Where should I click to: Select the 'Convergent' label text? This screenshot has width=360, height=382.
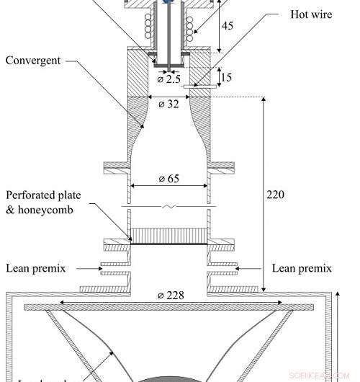click(x=34, y=60)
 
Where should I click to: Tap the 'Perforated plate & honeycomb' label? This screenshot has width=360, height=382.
click(x=45, y=202)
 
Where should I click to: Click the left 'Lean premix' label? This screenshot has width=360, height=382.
click(x=36, y=268)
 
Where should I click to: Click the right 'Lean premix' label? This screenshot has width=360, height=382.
click(x=302, y=268)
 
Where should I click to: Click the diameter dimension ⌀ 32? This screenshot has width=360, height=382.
click(x=168, y=103)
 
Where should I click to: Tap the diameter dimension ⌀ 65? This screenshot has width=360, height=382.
click(x=168, y=177)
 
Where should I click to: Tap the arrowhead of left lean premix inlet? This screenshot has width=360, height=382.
click(x=99, y=268)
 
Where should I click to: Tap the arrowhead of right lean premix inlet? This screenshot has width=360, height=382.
click(x=239, y=268)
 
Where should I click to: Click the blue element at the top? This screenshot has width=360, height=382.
click(x=168, y=2)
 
